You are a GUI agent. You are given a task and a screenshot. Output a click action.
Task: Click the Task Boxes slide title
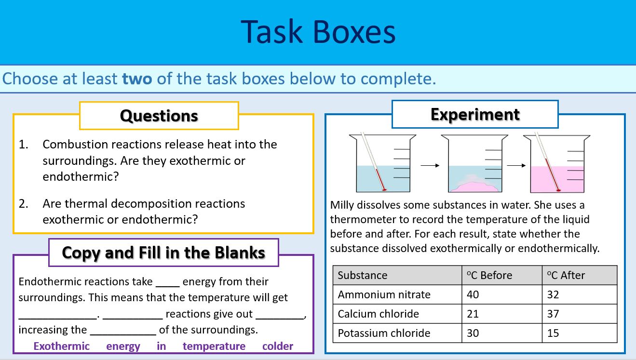[318, 32]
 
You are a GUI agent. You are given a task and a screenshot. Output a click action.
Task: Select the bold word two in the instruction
[137, 79]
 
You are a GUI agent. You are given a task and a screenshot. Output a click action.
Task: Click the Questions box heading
[159, 116]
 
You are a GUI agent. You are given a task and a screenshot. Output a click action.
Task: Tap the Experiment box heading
[475, 114]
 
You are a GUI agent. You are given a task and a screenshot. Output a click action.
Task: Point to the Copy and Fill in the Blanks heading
[163, 253]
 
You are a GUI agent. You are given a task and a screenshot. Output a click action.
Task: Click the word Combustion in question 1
[71, 144]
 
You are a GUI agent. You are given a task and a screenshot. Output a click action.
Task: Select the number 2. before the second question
[24, 203]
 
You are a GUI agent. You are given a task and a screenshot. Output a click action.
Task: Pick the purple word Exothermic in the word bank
[61, 346]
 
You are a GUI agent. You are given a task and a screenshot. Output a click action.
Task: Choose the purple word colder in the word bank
[277, 346]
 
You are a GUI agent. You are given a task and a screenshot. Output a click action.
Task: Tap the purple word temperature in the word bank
[214, 346]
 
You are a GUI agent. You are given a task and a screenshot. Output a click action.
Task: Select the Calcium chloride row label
[379, 314]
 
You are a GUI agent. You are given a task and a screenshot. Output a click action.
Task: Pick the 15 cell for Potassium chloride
[553, 333]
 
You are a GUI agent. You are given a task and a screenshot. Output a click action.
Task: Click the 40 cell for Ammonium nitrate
[473, 294]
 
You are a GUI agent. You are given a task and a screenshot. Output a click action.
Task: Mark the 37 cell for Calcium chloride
[553, 314]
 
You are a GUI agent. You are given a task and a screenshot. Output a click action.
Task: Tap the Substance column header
[363, 275]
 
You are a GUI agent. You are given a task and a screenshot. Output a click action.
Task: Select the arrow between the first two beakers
[430, 165]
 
